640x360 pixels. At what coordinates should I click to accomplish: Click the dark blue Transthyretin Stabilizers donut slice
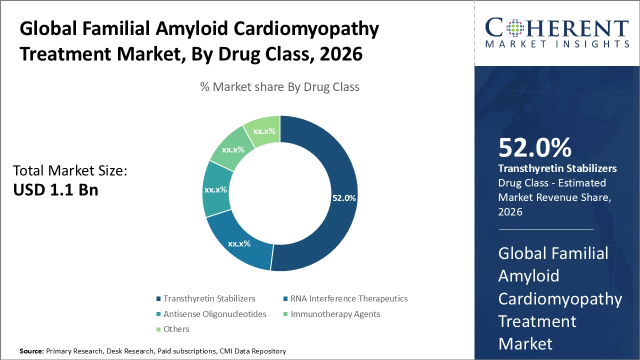330,165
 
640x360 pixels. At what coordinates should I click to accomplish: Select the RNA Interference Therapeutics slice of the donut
239,243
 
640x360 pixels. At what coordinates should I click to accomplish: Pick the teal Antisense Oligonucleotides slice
216,190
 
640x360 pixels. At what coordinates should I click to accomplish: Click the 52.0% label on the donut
344,198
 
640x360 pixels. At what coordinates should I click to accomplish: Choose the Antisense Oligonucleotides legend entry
213,314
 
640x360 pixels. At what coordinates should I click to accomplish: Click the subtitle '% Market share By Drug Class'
279,87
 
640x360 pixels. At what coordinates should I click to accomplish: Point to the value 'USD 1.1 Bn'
55,190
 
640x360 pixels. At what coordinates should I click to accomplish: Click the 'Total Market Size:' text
70,171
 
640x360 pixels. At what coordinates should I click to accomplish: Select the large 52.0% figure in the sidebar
534,148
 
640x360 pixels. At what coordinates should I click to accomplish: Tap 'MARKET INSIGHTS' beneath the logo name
556,44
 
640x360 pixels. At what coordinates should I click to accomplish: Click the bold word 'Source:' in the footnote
31,351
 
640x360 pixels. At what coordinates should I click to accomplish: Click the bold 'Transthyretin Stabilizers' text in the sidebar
557,168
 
